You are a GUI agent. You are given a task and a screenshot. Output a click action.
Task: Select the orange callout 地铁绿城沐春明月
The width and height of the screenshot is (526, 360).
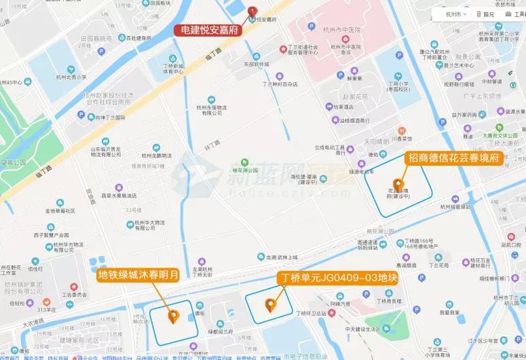(x=138, y=275)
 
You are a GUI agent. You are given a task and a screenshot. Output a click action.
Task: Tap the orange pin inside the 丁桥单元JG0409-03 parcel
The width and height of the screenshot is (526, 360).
(x=271, y=305)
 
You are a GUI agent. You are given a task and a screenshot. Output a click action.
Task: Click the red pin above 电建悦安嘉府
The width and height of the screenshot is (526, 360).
(x=252, y=12)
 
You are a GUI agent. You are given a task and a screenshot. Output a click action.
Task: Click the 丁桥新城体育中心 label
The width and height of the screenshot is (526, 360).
(x=173, y=68)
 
